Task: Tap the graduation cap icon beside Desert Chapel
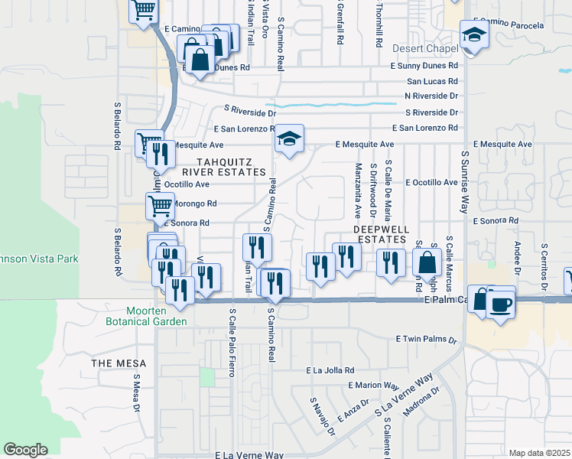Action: [x=474, y=35]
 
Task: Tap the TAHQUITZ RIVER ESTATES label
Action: [x=233, y=167]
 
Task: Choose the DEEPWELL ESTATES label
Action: [x=382, y=234]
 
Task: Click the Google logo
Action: [x=25, y=449]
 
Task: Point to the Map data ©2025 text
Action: [x=540, y=453]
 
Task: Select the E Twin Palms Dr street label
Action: [x=426, y=339]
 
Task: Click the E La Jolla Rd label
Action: [x=330, y=370]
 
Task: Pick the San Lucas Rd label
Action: [x=432, y=81]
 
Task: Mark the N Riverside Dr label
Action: [x=432, y=96]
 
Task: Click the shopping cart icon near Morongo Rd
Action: [x=159, y=205]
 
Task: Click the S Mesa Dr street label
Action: [x=137, y=392]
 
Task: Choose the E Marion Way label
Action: [x=373, y=386]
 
